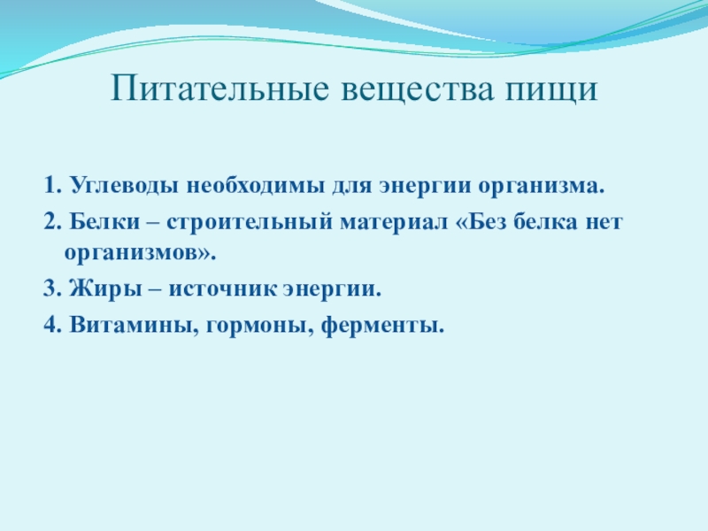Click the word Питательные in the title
pos(219,88)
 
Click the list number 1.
pos(52,185)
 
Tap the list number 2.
pos(52,221)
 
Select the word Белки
pos(104,221)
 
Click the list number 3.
pos(52,289)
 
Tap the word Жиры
pos(105,289)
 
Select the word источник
pos(222,289)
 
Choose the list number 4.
pos(52,324)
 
